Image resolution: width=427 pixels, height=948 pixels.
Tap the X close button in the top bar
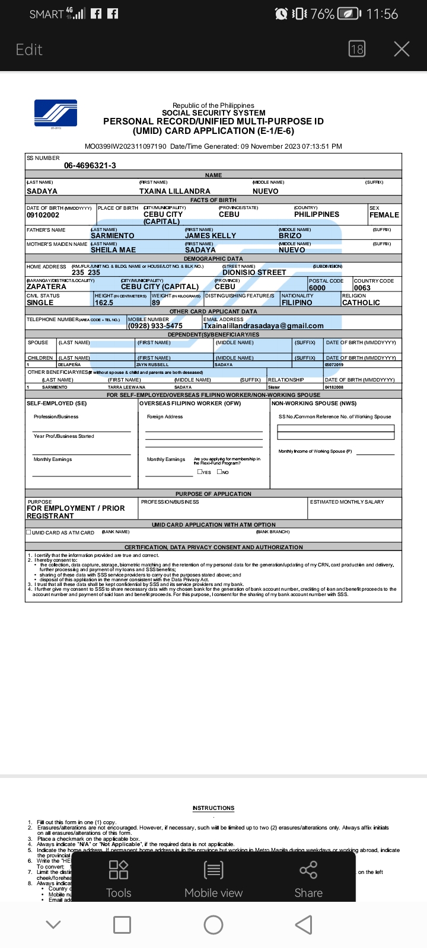(401, 49)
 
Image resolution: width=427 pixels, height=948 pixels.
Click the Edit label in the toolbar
(29, 50)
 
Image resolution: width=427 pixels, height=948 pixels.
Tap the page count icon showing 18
(357, 49)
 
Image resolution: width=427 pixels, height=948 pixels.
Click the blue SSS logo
(56, 114)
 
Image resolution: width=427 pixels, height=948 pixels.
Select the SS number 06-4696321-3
(90, 166)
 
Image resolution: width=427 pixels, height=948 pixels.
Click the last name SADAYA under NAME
(42, 191)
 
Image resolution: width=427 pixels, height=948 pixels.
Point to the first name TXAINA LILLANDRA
(174, 191)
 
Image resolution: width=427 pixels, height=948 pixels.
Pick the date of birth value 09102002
(43, 215)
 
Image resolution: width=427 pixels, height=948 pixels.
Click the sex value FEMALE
(384, 215)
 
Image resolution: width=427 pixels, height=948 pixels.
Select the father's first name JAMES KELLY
(211, 236)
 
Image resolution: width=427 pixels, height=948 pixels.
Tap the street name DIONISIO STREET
(254, 273)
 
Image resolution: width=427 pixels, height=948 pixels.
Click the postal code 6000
(317, 288)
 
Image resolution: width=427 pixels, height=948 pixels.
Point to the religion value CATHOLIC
(361, 303)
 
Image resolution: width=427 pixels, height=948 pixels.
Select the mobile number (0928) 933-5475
(155, 326)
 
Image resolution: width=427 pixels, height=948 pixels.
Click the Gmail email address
(263, 326)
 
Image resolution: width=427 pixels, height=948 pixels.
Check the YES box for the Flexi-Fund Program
(200, 472)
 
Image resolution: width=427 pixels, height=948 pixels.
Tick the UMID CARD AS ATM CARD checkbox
(28, 532)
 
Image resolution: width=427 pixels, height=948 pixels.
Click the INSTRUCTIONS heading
(213, 808)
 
